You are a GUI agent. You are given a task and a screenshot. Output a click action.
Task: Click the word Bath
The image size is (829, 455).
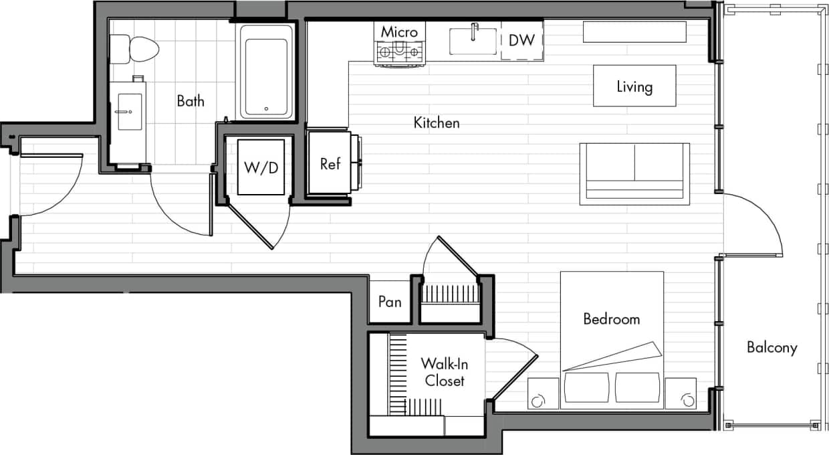point(191,102)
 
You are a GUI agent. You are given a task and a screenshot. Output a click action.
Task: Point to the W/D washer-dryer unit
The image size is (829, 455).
point(261,167)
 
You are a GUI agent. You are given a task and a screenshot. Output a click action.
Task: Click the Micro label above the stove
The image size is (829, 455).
point(399,32)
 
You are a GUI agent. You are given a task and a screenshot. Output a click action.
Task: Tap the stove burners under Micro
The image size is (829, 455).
point(399,52)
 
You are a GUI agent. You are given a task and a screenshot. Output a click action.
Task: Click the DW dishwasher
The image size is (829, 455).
point(521,40)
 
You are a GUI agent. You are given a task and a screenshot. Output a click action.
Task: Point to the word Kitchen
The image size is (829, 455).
point(437,123)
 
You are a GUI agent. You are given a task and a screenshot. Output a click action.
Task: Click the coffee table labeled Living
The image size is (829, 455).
point(634,86)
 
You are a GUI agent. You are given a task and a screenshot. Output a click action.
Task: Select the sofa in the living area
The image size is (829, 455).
point(634,173)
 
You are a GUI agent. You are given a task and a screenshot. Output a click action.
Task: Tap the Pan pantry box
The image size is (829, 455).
point(390,302)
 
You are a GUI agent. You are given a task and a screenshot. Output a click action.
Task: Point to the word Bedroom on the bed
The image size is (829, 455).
point(611,319)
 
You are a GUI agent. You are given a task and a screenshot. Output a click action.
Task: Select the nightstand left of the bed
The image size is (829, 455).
point(543,393)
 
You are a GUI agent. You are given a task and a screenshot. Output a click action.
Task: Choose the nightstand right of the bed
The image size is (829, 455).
point(681,393)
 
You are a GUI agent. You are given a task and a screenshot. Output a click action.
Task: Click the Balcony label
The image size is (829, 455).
point(772,348)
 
